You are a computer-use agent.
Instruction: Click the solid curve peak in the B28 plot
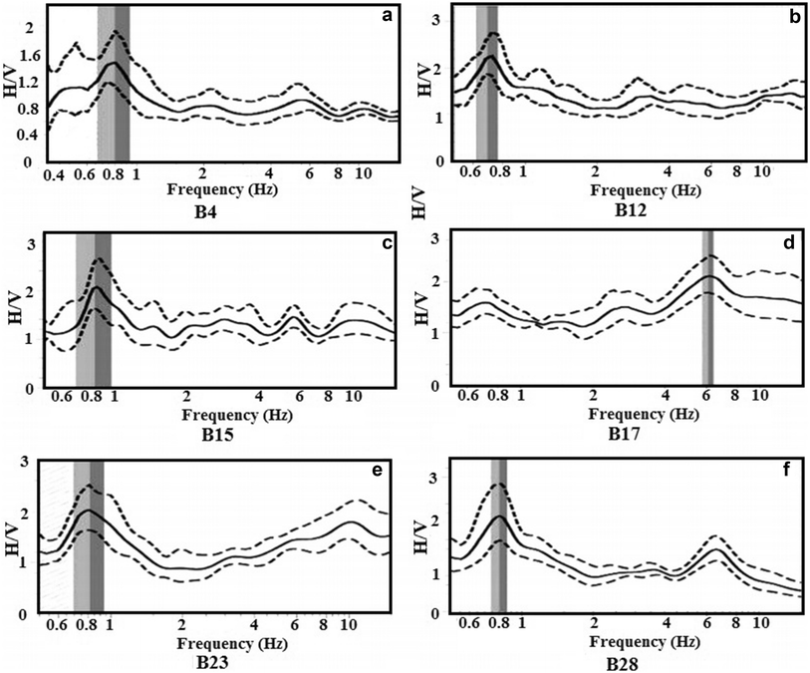499,516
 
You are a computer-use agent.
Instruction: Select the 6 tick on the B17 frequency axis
707,396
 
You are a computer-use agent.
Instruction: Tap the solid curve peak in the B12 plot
490,57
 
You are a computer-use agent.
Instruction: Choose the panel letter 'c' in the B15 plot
390,241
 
